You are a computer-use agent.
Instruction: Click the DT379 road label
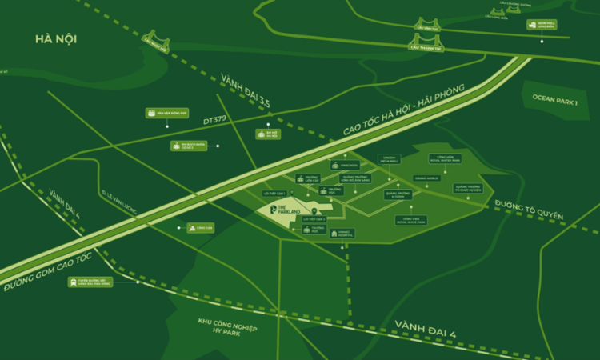pos(214,120)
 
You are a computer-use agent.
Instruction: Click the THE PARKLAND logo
pos(283,210)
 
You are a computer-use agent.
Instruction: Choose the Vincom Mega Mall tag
pos(386,160)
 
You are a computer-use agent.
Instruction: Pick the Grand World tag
pos(426,178)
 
